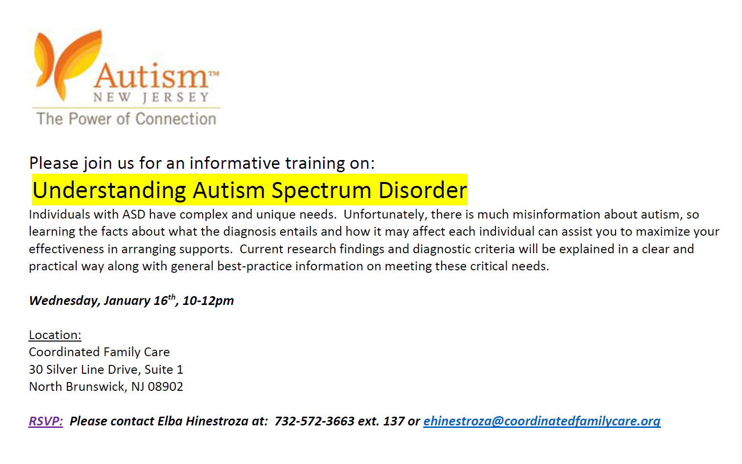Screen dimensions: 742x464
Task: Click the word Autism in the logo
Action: click(151, 76)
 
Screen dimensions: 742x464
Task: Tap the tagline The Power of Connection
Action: click(126, 119)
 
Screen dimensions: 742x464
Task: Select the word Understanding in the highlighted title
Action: click(109, 191)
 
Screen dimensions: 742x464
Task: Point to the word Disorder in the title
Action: click(423, 190)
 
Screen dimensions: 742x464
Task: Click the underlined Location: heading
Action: click(55, 335)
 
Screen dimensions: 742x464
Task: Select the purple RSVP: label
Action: click(46, 421)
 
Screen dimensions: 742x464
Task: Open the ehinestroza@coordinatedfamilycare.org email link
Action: click(542, 421)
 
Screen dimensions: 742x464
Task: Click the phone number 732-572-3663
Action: click(314, 421)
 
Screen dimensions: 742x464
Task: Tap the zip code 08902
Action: click(165, 386)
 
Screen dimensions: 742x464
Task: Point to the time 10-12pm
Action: click(208, 301)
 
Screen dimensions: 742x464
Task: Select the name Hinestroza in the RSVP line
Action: click(217, 421)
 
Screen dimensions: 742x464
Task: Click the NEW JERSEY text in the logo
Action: click(151, 98)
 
